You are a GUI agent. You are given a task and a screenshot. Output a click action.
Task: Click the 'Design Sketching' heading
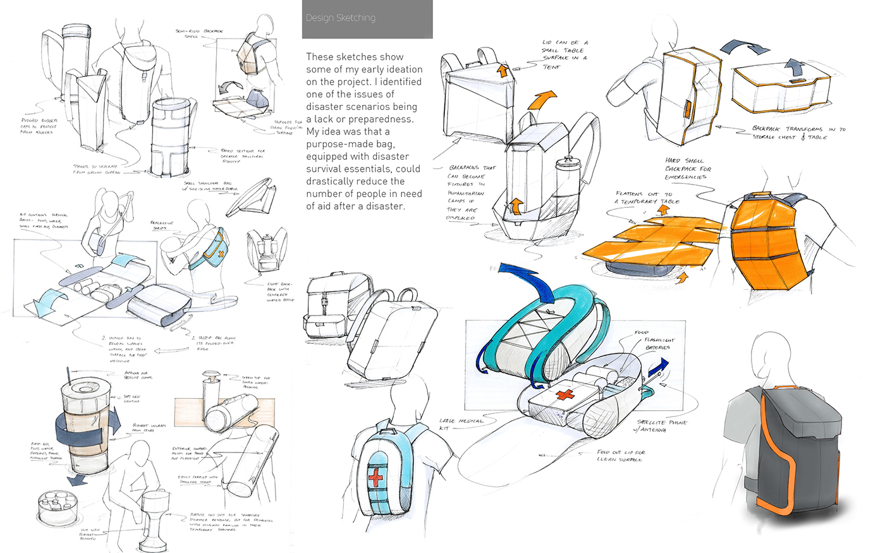click(340, 18)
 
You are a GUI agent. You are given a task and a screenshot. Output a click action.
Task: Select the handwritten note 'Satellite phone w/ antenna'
click(661, 426)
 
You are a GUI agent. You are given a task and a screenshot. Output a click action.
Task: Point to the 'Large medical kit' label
click(461, 424)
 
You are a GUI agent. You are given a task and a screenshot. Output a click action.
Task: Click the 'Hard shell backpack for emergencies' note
click(688, 168)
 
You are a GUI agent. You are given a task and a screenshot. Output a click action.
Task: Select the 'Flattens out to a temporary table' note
click(647, 197)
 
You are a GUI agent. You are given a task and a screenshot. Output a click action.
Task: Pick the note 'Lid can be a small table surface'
click(565, 54)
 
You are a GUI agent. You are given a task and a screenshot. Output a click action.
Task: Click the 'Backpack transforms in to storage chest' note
click(798, 133)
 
